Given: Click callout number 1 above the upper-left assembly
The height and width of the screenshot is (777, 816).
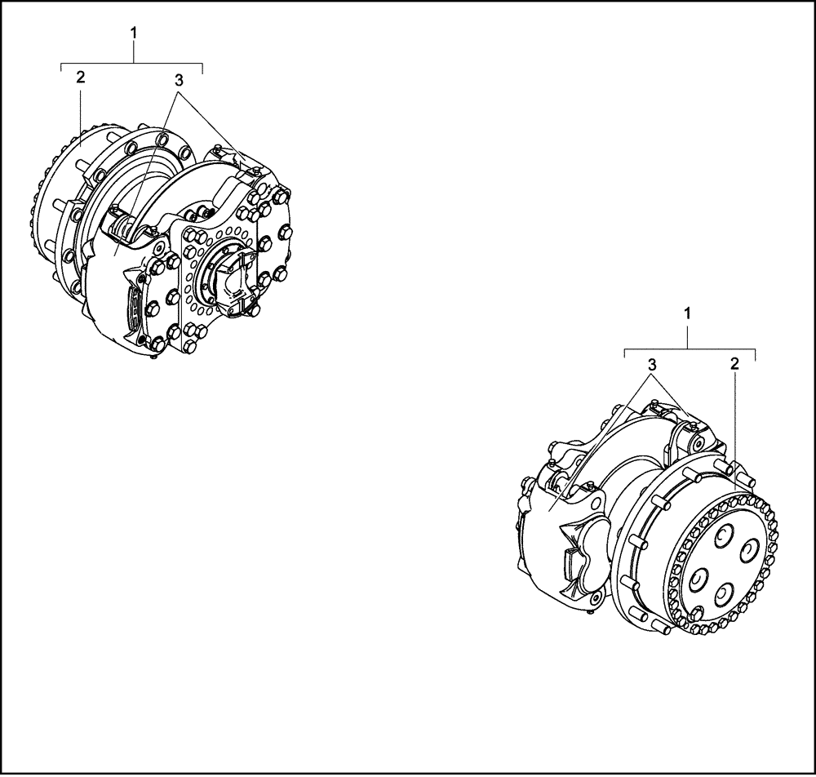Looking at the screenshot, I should coord(134,33).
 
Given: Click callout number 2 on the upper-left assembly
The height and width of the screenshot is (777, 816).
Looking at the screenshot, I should coord(80,77).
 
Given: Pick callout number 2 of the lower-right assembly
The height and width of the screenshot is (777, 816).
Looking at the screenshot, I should coord(734,364).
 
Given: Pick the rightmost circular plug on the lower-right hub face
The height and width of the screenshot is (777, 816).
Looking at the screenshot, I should coord(747,554).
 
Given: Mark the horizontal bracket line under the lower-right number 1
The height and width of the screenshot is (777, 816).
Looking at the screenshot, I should coord(690,349).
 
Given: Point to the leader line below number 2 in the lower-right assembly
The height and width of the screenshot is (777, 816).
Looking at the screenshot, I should coord(736,424).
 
